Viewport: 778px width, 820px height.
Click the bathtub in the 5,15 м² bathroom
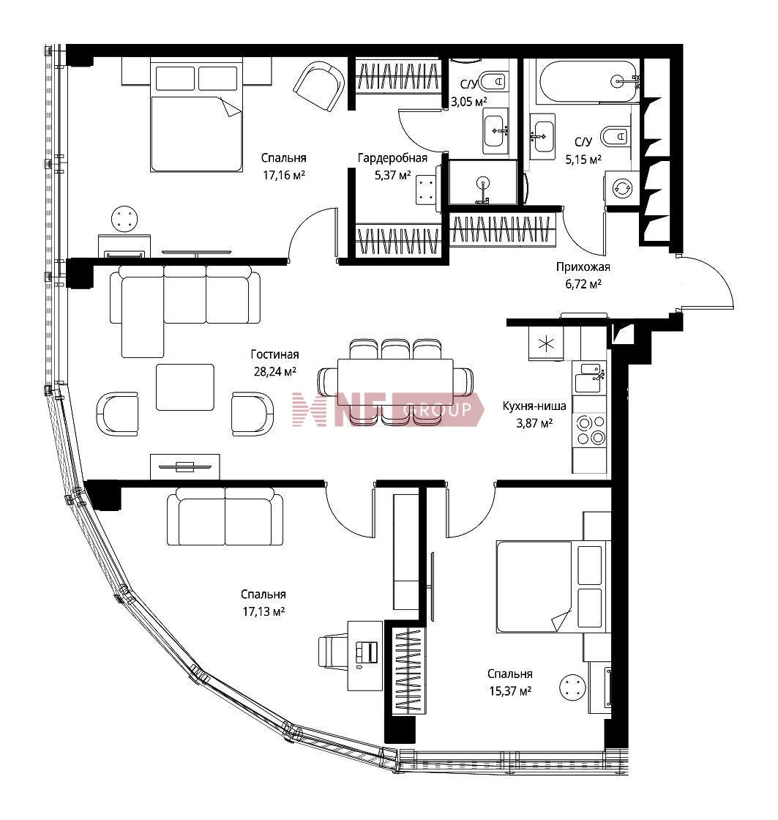coord(588,81)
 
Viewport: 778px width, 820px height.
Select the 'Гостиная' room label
coord(275,354)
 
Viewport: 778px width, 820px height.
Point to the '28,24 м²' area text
coord(275,371)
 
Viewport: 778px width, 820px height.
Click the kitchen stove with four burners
coord(590,430)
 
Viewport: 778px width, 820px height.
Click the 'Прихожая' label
coord(583,266)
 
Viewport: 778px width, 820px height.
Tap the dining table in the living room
coord(396,382)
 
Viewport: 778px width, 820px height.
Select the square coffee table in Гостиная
coord(185,387)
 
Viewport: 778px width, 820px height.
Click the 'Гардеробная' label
coord(393,157)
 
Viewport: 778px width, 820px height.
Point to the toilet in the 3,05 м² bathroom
coord(493,81)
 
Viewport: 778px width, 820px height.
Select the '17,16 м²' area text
coord(284,175)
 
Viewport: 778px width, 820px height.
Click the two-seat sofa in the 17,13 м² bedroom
coord(225,517)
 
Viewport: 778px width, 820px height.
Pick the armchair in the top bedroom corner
coord(319,86)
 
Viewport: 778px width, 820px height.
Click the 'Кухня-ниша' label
coord(534,406)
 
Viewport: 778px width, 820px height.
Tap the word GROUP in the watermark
coord(437,410)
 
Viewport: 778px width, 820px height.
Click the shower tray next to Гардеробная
coord(483,182)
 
